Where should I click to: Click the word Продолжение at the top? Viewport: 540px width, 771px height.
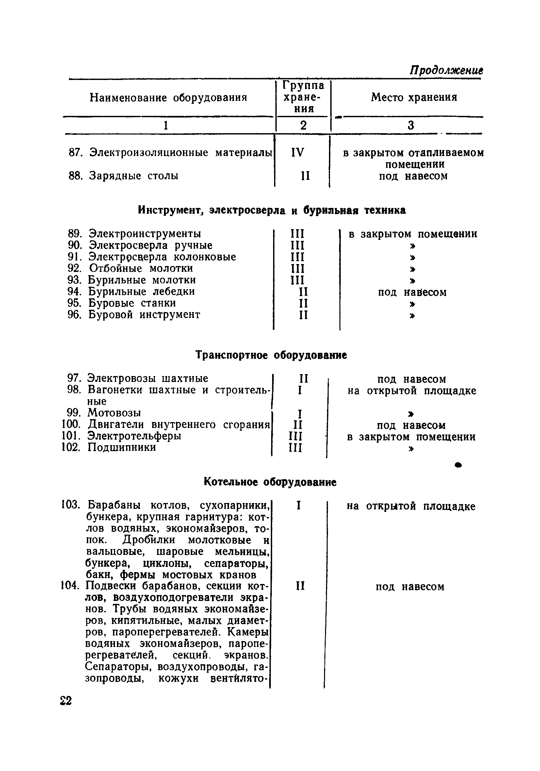(446, 71)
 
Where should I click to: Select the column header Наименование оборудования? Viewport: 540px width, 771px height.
(168, 98)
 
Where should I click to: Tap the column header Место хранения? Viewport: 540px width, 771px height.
(414, 97)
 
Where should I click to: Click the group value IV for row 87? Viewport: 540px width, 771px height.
(297, 153)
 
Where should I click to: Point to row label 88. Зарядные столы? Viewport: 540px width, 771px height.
(124, 176)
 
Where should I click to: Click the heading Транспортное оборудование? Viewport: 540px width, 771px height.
(271, 355)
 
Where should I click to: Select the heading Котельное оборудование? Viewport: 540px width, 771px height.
(270, 482)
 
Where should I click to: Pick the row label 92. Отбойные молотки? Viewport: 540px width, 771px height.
(130, 268)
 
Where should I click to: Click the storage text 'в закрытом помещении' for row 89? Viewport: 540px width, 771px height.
(413, 234)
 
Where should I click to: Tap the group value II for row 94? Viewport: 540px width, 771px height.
(303, 291)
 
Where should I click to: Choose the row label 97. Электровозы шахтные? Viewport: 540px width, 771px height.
(138, 378)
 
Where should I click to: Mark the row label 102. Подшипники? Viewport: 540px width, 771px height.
(109, 447)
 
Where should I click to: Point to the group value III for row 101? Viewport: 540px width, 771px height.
(295, 436)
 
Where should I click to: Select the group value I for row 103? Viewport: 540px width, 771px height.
(298, 506)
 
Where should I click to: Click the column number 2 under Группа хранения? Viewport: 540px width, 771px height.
(303, 125)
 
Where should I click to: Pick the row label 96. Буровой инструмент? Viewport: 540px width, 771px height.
(134, 315)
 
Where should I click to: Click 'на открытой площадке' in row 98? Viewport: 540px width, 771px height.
(412, 390)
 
